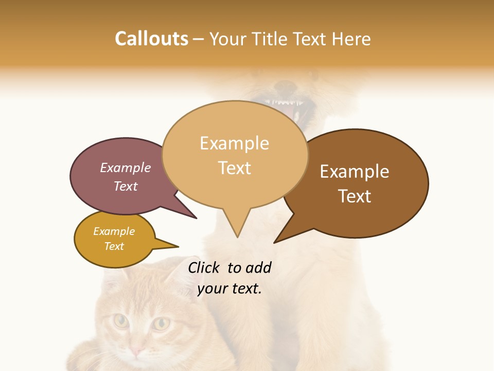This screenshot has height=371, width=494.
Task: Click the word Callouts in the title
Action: tap(151, 39)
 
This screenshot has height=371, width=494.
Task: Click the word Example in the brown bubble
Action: tap(355, 172)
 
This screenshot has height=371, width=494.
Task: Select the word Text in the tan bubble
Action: tap(235, 168)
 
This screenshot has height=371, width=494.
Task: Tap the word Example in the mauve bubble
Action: tap(126, 168)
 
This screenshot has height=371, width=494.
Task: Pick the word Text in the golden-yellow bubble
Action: tap(114, 246)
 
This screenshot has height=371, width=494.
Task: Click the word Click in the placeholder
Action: tap(204, 267)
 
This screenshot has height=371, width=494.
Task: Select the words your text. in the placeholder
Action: tap(230, 289)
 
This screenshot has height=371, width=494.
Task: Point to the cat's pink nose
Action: tap(136, 351)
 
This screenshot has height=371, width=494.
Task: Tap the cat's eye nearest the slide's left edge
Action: tap(121, 322)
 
